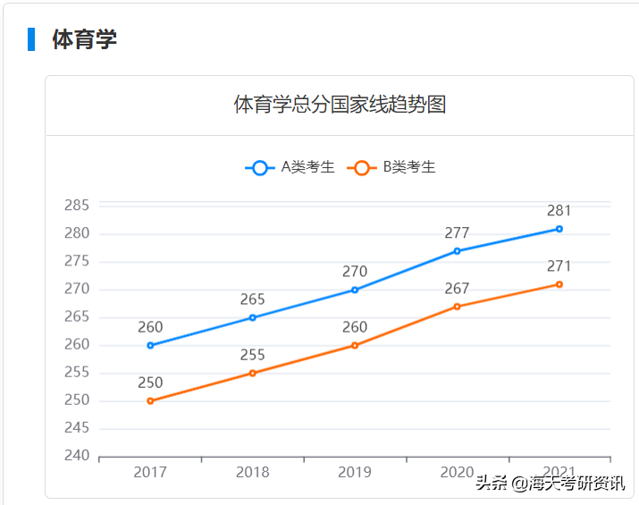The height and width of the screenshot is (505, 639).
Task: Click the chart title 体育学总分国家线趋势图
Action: coord(340,105)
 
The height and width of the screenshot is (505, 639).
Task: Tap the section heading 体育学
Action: coord(85,39)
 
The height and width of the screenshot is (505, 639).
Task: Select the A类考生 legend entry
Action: coord(290,167)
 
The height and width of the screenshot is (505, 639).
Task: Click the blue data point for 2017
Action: coord(150,345)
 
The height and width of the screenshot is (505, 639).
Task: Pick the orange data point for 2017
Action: coord(150,400)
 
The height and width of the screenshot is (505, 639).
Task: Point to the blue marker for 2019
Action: coord(355,290)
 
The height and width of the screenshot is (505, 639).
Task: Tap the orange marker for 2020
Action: coord(457,307)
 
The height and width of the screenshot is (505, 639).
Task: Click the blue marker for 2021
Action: coord(559,229)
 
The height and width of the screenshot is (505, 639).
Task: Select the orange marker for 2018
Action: coord(253,373)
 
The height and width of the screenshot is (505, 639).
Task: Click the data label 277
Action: coord(457,233)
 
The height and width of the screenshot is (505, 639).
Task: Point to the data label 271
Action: coord(559,266)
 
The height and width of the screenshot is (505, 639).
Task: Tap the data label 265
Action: coord(253,299)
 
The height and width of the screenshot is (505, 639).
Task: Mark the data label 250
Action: coord(150,383)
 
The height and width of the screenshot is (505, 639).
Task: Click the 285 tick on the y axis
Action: coord(77,206)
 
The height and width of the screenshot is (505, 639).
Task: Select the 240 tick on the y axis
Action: coord(77,456)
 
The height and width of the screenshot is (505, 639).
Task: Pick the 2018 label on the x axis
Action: coord(253,472)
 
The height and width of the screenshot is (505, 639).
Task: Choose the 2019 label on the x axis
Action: coord(355,472)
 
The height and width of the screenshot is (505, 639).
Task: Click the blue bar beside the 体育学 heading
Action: coord(31,39)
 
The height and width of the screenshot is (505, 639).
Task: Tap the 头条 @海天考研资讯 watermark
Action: coord(550,483)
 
